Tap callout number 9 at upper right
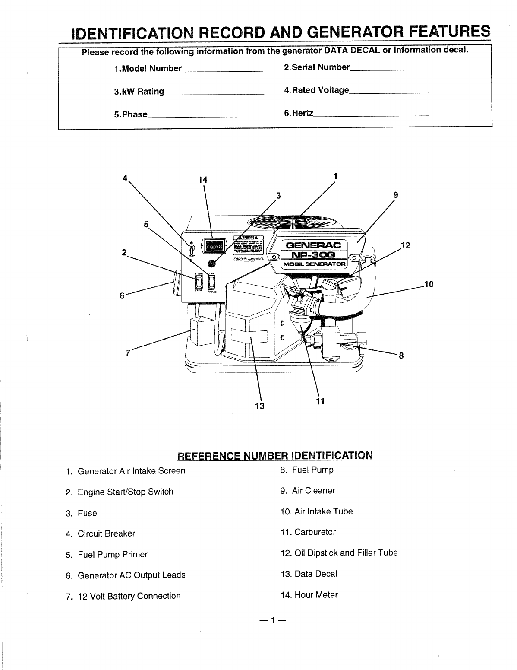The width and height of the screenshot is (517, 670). tap(395, 194)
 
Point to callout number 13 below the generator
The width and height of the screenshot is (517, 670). tap(259, 406)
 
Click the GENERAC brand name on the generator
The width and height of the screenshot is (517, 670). tap(311, 245)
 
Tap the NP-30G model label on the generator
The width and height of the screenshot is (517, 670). tap(311, 255)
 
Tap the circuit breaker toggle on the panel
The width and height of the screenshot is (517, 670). tap(190, 249)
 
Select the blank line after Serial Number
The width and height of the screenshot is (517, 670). tap(391, 68)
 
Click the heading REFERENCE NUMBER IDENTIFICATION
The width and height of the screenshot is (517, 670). tap(275, 456)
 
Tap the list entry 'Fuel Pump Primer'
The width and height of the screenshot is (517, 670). tap(112, 554)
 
